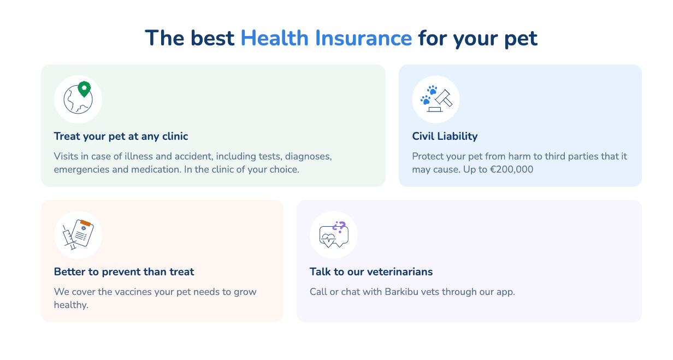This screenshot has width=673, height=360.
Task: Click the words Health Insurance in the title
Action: coord(326,38)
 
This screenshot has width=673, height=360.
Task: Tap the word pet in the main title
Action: coord(521,39)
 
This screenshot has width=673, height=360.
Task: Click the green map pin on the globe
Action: coord(84,89)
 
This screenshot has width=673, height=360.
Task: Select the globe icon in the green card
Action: coord(78,99)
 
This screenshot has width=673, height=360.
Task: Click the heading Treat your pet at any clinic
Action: coord(121,137)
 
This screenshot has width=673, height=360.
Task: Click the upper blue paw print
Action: coord(432,90)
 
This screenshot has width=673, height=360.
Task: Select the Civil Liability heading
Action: coord(445,136)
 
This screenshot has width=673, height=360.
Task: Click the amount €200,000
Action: coord(512,169)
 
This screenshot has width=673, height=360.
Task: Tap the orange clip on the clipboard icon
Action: coord(85,223)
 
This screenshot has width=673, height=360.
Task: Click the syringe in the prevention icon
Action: coord(69,238)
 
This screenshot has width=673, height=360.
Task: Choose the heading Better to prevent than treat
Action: coord(124,272)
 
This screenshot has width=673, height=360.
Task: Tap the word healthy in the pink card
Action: coord(71,305)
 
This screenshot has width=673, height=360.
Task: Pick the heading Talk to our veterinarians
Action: coord(371,272)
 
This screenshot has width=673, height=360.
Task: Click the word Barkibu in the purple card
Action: coord(401,292)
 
